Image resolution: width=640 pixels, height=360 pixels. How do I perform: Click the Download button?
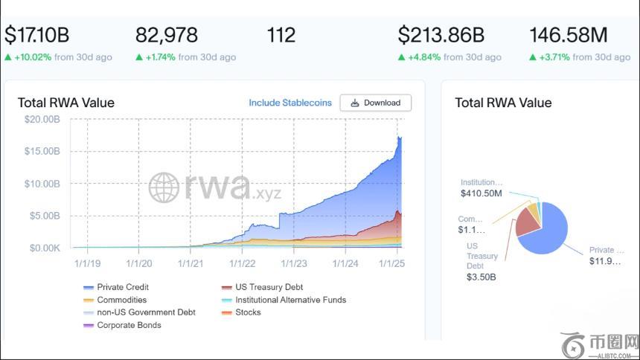click(x=375, y=103)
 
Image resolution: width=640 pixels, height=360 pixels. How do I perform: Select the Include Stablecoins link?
click(x=291, y=103)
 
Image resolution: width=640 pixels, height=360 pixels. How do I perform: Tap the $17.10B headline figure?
click(x=37, y=35)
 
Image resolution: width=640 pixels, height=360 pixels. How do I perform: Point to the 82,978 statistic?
click(x=167, y=35)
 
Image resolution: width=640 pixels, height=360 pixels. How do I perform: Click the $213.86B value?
click(x=441, y=35)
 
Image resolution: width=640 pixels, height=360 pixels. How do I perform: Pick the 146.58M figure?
click(x=568, y=35)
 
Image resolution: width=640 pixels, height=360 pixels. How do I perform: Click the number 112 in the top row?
click(x=281, y=35)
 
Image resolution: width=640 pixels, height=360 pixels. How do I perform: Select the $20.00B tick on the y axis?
click(x=43, y=119)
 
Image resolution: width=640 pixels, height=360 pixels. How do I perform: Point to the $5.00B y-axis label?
click(x=45, y=216)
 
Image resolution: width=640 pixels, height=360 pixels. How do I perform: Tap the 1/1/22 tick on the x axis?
click(x=243, y=263)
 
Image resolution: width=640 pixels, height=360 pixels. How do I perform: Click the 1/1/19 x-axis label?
click(x=88, y=263)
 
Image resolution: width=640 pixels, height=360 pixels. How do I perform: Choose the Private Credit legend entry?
click(x=122, y=287)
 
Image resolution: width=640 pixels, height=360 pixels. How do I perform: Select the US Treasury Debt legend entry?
click(x=268, y=287)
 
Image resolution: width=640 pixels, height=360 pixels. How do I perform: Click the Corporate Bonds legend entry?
click(x=128, y=325)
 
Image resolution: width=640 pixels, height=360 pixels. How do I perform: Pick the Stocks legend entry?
click(x=247, y=312)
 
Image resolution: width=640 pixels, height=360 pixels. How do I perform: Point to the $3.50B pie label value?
click(x=481, y=277)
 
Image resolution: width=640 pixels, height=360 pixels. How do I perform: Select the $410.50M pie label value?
click(x=481, y=193)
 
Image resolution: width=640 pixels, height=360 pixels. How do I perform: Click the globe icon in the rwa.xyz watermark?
click(x=164, y=187)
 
